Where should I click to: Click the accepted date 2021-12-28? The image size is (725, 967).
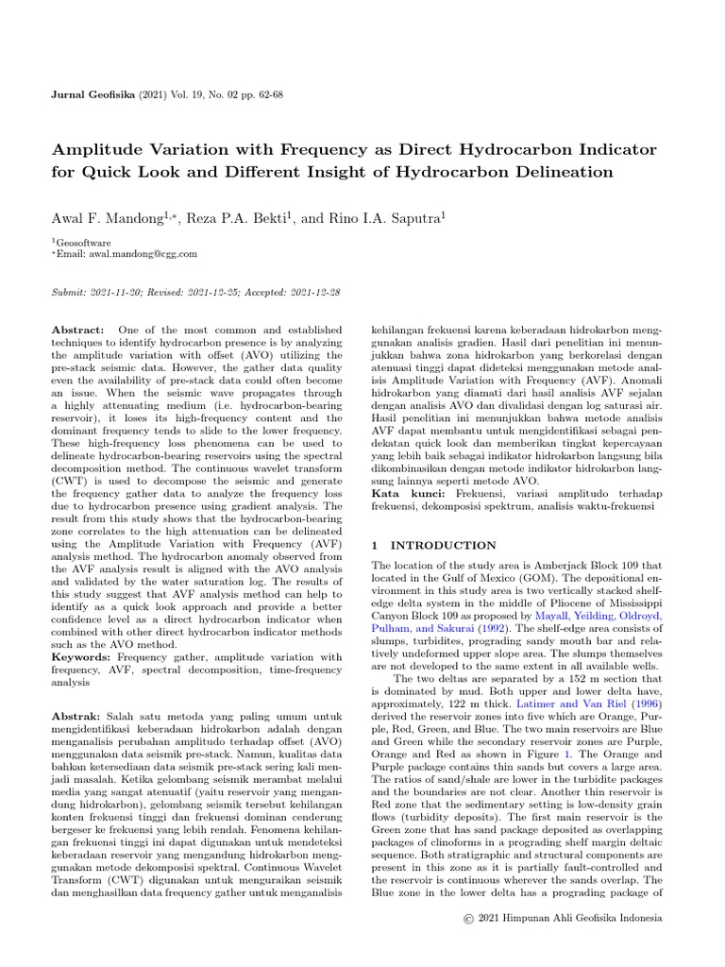[316, 293]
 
